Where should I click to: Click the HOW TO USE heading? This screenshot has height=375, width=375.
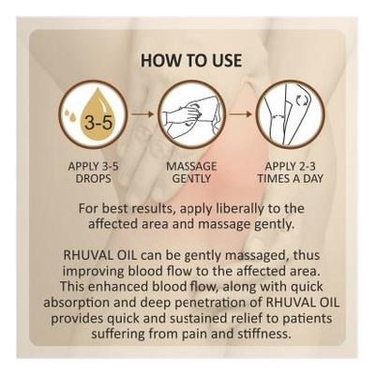(x=191, y=61)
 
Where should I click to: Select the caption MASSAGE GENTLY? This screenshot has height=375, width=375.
(x=190, y=171)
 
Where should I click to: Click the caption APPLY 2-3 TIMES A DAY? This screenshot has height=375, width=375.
(x=290, y=171)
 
